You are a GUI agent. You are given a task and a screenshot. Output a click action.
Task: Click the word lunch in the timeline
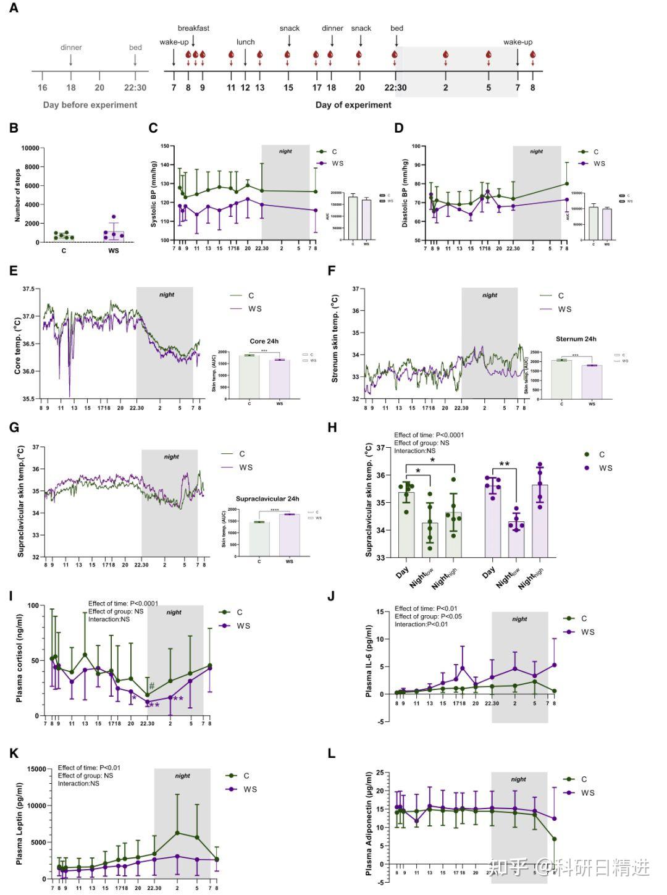(245, 42)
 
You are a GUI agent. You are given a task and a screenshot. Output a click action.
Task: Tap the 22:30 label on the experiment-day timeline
(395, 88)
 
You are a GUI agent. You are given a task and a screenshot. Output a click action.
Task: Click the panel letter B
(14, 128)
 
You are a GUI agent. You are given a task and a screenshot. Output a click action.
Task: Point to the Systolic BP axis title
(154, 195)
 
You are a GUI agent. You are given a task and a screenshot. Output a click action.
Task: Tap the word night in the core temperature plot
(167, 295)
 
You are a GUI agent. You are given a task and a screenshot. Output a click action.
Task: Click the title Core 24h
(264, 341)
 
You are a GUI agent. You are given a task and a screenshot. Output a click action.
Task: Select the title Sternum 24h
(576, 339)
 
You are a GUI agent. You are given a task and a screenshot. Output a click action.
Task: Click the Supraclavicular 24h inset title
(267, 498)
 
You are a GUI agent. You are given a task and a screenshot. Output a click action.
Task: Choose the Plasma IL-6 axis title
(369, 661)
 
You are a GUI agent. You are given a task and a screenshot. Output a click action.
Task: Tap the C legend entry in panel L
(584, 779)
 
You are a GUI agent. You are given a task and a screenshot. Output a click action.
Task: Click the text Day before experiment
(90, 105)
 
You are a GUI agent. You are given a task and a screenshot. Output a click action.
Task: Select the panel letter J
(331, 596)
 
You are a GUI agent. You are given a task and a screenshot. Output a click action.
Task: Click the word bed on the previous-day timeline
(135, 48)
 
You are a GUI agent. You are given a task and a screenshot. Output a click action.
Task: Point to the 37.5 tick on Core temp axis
(28, 289)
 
